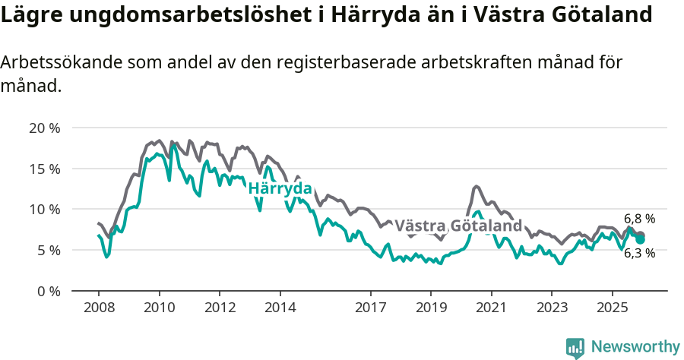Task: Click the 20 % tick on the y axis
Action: coord(44,128)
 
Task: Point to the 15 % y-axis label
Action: coord(44,169)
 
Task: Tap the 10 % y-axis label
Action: coord(44,209)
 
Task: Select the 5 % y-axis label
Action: coord(48,250)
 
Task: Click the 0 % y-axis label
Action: coord(48,291)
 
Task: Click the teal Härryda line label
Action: coord(280,188)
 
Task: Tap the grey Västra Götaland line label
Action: coord(458,226)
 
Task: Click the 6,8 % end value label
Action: coord(639,219)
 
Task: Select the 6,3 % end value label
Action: coord(639,254)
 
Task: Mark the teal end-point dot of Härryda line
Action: coord(641,239)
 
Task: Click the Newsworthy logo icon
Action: coord(575,347)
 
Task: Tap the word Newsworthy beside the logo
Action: coord(635,347)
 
